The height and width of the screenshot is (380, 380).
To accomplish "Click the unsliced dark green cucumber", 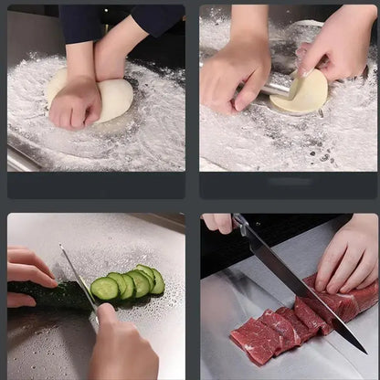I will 50,295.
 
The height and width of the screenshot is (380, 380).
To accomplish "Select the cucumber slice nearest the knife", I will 104,290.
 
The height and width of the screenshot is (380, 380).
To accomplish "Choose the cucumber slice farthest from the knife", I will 156,280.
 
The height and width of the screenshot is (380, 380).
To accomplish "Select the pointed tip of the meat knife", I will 364,351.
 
